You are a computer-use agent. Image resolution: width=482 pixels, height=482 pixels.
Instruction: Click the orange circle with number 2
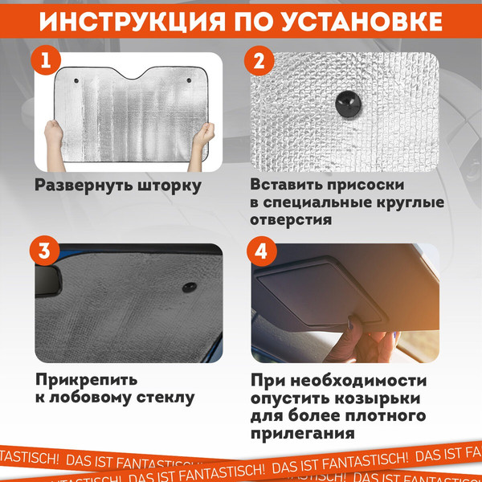point(258,62)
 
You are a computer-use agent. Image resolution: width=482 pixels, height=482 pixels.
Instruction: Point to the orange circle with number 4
point(259,251)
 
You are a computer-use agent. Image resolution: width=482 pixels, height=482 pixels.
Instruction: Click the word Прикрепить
point(86,378)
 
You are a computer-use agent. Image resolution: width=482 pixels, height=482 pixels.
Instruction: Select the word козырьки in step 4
point(374,399)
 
